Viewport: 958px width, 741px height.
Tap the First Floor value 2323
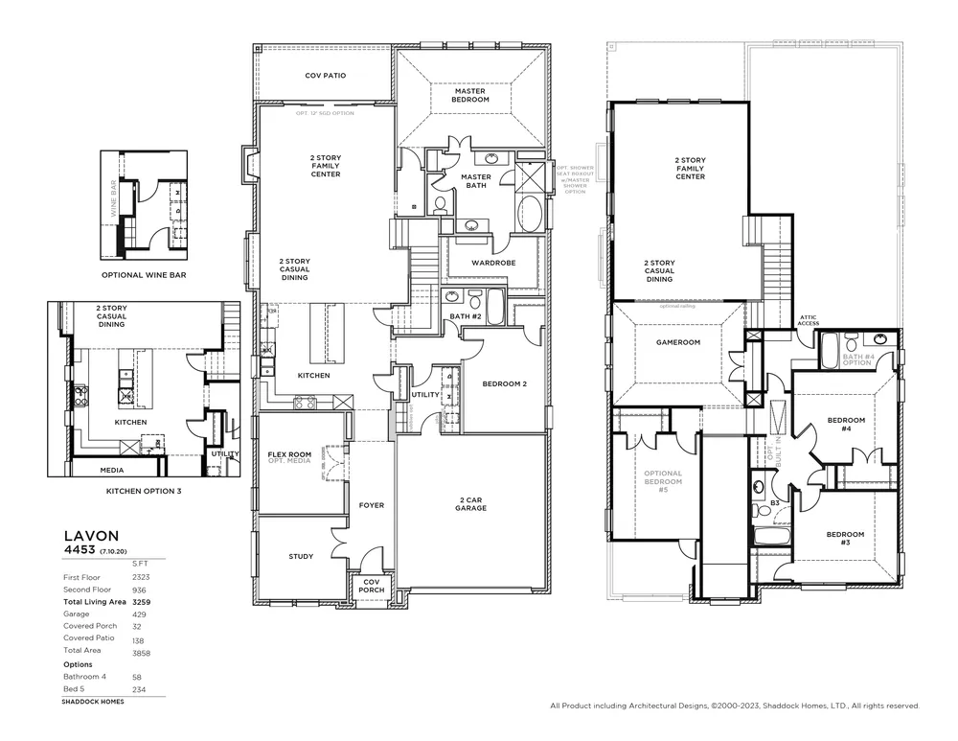pyautogui.click(x=140, y=578)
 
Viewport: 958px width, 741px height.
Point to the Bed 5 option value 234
pyautogui.click(x=138, y=689)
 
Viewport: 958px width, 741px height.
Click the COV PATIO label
pyautogui.click(x=325, y=75)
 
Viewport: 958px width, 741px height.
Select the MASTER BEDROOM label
pyautogui.click(x=470, y=95)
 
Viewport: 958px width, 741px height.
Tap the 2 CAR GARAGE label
pyautogui.click(x=470, y=503)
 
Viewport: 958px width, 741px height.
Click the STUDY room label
pyautogui.click(x=301, y=556)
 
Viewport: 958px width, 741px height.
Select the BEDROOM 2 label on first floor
pyautogui.click(x=504, y=383)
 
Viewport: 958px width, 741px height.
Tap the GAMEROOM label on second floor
pyautogui.click(x=678, y=342)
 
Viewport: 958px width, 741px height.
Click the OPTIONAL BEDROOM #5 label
pyautogui.click(x=663, y=481)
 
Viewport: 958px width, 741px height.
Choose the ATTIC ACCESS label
pyautogui.click(x=809, y=321)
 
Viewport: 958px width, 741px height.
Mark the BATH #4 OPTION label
pyautogui.click(x=857, y=359)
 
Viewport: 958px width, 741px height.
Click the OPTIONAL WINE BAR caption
pyautogui.click(x=143, y=274)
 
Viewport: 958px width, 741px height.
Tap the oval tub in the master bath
pyautogui.click(x=529, y=212)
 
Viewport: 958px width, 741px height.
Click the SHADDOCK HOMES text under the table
pyautogui.click(x=92, y=702)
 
